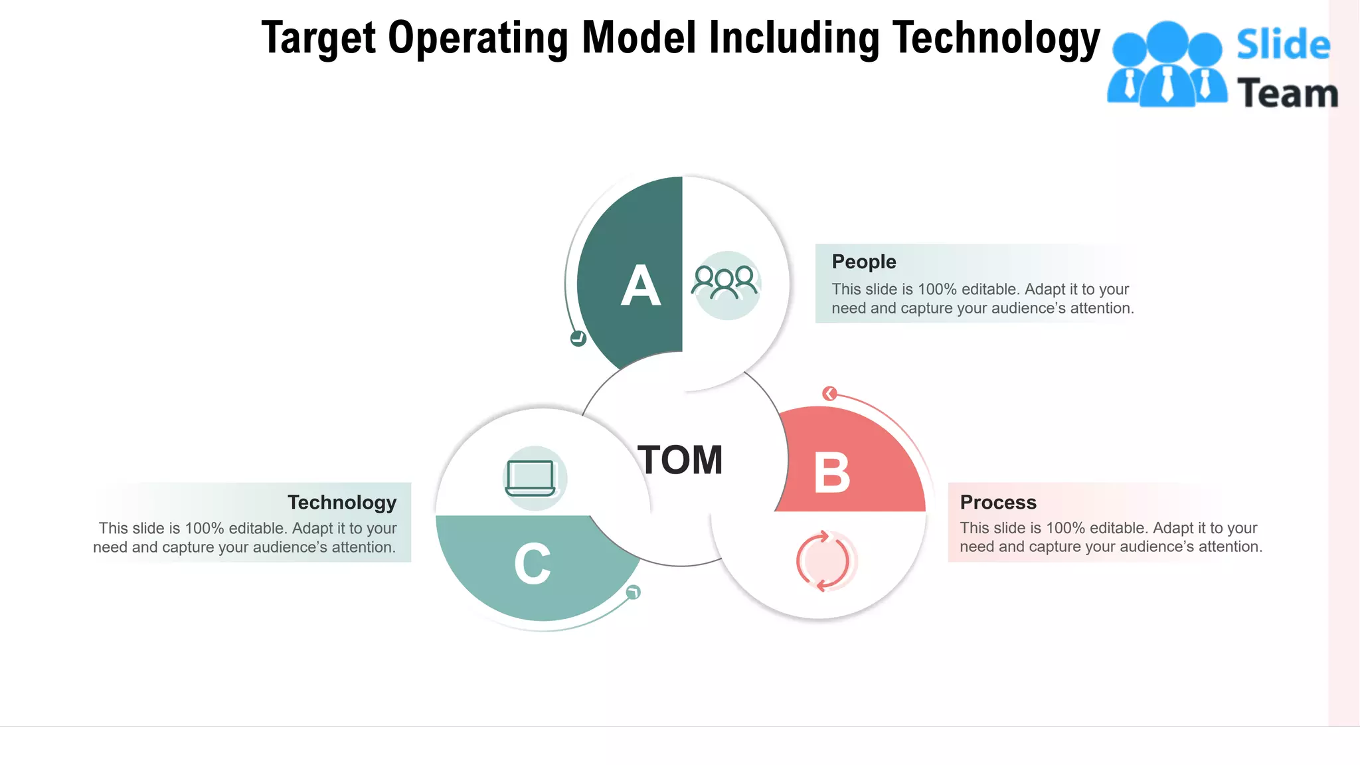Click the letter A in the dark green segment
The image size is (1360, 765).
click(x=641, y=286)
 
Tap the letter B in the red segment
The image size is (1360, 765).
click(x=832, y=473)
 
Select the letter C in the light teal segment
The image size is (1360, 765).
click(x=533, y=564)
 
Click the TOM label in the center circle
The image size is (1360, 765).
click(x=680, y=460)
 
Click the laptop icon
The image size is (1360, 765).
click(x=531, y=478)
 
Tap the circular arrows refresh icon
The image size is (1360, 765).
click(x=823, y=561)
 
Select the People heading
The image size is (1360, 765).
click(x=863, y=262)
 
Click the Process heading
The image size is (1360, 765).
click(x=997, y=502)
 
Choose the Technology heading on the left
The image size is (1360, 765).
click(x=342, y=502)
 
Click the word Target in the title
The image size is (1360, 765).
click(x=319, y=38)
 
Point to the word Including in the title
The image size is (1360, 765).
click(x=794, y=38)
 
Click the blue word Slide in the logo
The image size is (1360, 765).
click(x=1283, y=45)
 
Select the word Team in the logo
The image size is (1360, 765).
click(x=1287, y=93)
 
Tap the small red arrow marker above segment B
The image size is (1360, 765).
click(x=829, y=394)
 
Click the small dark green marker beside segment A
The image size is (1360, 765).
click(x=578, y=339)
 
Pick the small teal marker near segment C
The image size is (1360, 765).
click(x=634, y=592)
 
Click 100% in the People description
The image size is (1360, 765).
click(x=937, y=290)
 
